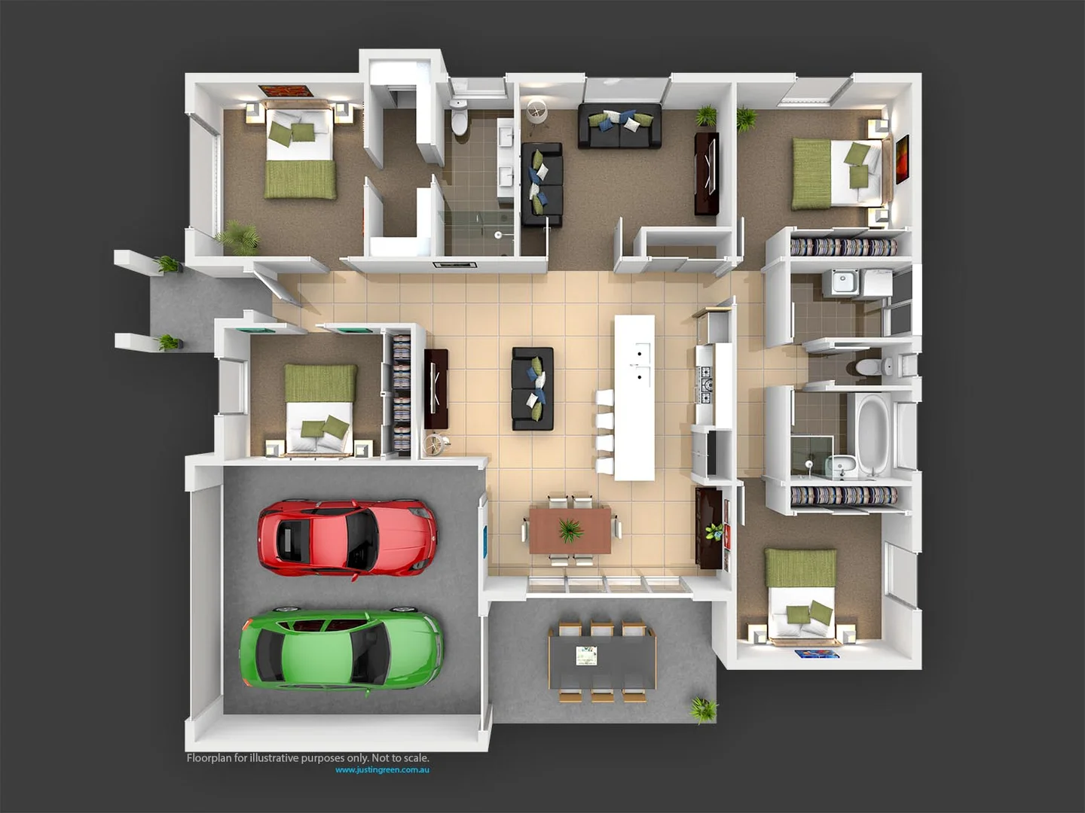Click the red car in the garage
coord(347,537)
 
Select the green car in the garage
coord(341,648)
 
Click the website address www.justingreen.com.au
coord(382,770)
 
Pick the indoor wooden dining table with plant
coord(570,530)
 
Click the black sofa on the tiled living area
coord(533,388)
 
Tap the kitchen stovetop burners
coord(706,384)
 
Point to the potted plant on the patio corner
coord(703,709)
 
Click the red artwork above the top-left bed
coord(286,91)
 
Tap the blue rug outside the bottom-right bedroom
coord(817,654)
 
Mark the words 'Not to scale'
coord(402,758)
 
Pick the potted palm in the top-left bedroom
coord(240,236)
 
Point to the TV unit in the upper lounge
coord(706,173)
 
